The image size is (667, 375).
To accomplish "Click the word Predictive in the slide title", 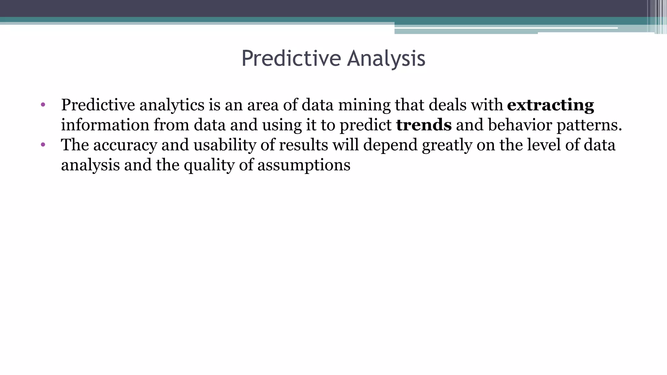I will pyautogui.click(x=291, y=59).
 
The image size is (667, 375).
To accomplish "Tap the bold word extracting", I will pyautogui.click(x=550, y=105).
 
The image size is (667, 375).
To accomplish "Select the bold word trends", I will pyautogui.click(x=424, y=125).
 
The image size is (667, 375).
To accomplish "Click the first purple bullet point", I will pyautogui.click(x=43, y=105).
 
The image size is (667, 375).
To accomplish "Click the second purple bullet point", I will pyautogui.click(x=43, y=145).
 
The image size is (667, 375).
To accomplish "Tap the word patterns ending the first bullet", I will pyautogui.click(x=589, y=125).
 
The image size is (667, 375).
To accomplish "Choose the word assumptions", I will pyautogui.click(x=304, y=165).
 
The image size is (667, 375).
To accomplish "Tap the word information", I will pyautogui.click(x=105, y=125).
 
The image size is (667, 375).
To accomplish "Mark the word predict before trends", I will pyautogui.click(x=365, y=125).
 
